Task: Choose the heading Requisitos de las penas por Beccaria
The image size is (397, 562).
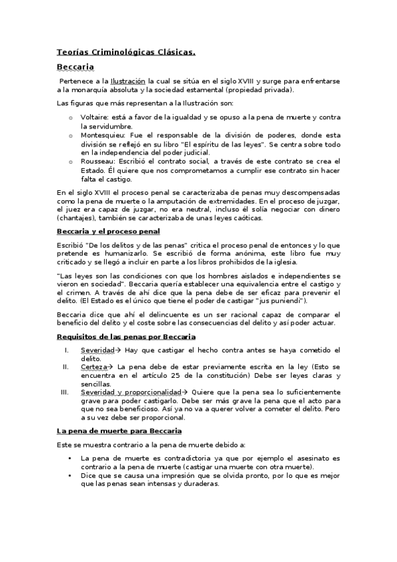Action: tap(126, 337)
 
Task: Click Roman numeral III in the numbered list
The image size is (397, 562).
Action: tap(64, 392)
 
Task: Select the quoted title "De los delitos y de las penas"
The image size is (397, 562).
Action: tap(136, 246)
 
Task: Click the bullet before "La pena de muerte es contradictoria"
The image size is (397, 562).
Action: tap(70, 458)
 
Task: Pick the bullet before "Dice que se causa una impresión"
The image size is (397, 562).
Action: tap(70, 475)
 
